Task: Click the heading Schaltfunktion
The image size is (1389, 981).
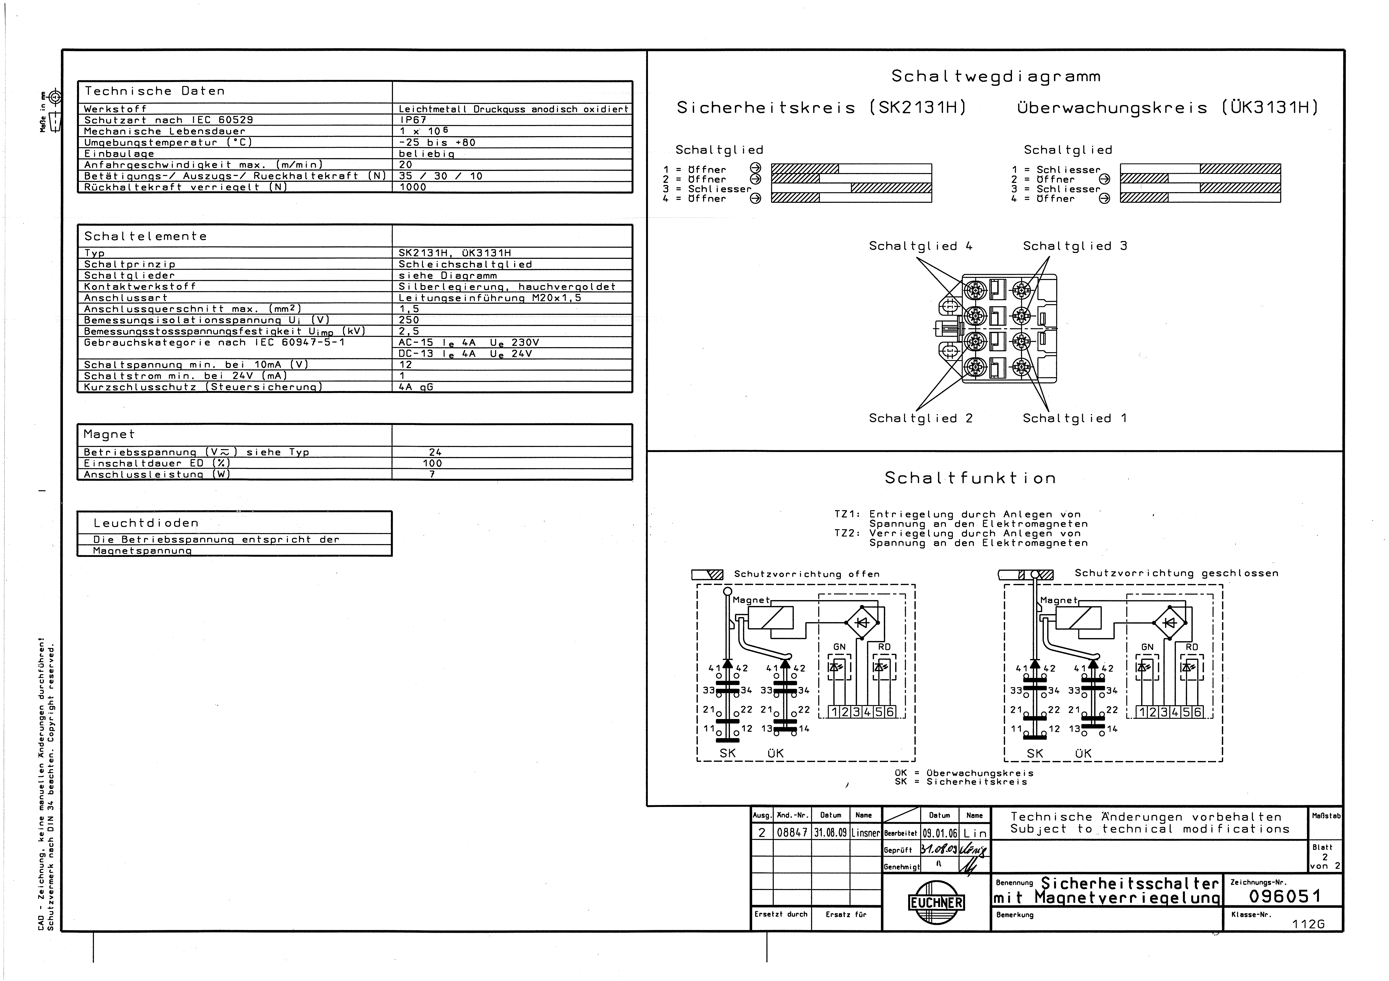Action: (x=970, y=478)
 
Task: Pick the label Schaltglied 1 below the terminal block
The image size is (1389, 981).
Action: (x=1074, y=418)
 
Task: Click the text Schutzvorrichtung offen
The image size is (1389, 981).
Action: (x=806, y=574)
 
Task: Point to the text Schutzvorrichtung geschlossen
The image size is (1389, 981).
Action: (x=1176, y=573)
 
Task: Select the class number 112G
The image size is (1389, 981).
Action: (x=1308, y=924)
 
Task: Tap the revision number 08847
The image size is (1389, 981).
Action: (x=792, y=833)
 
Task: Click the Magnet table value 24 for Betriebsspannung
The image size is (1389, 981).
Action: (x=435, y=452)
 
